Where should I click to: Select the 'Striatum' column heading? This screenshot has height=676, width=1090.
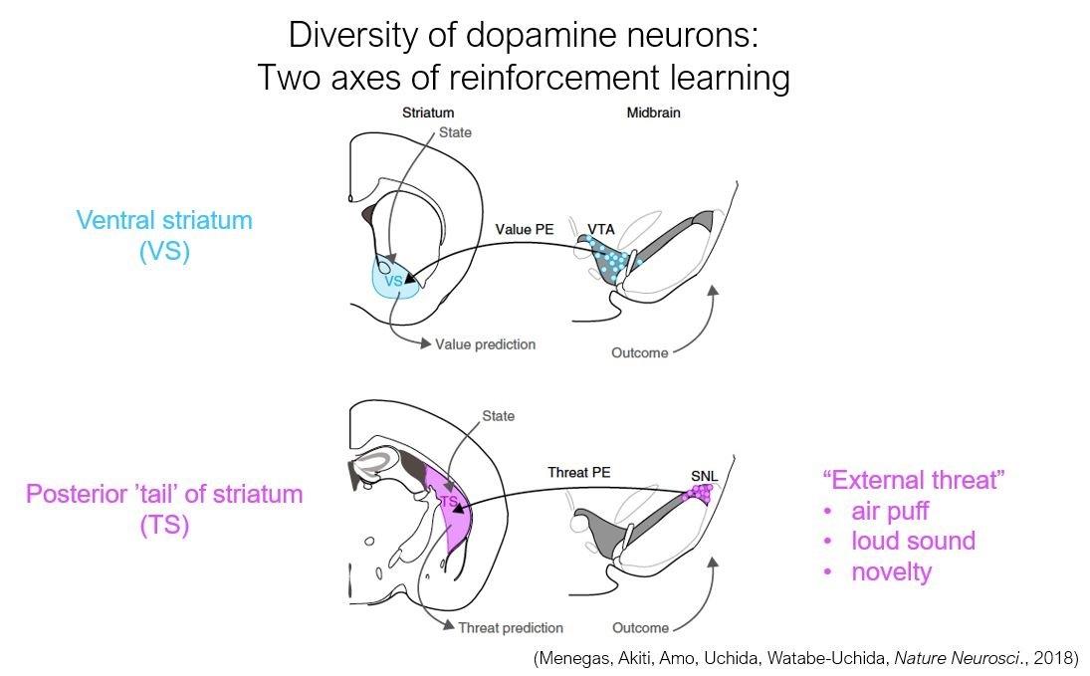(428, 113)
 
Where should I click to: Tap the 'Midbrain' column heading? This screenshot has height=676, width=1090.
(654, 113)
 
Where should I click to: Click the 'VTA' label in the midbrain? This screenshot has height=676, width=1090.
(600, 230)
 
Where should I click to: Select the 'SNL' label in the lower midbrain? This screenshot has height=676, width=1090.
(704, 475)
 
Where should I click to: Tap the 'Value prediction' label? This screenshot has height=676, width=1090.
(485, 344)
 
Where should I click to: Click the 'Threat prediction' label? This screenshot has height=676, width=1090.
(510, 627)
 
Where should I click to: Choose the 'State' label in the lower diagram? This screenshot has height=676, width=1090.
(498, 415)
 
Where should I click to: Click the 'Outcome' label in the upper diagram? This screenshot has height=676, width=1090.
(638, 352)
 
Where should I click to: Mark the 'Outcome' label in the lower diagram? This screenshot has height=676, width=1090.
(639, 627)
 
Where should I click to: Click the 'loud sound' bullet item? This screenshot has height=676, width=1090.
(913, 542)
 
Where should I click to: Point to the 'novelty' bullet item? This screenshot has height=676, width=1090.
(892, 571)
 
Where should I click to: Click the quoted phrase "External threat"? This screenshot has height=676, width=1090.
(913, 480)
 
